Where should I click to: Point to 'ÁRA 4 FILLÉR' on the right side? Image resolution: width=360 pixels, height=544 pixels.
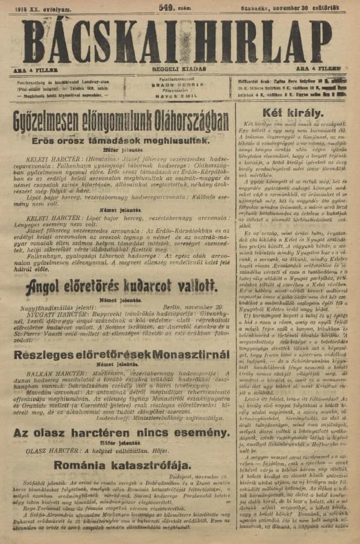[328, 69]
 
